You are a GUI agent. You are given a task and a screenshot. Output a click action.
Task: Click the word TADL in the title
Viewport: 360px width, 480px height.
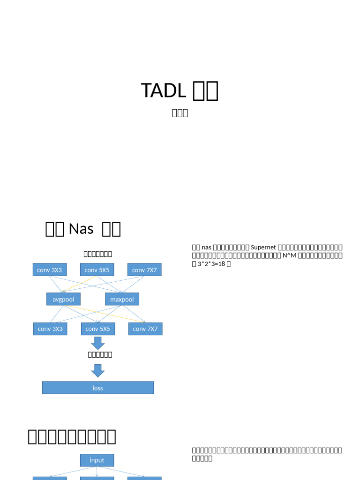(164, 90)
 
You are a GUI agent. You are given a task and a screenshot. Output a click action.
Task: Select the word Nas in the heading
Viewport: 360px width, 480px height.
(81, 229)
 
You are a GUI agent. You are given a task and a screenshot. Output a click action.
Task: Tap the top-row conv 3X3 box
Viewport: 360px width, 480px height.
(50, 270)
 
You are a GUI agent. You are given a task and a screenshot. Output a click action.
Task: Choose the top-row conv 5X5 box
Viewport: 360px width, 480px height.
(97, 270)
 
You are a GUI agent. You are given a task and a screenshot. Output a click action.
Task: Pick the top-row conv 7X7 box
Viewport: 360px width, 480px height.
(144, 270)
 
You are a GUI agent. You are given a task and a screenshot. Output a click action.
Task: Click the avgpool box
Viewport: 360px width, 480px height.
(63, 299)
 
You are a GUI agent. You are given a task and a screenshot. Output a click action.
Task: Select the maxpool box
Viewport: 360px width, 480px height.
(122, 299)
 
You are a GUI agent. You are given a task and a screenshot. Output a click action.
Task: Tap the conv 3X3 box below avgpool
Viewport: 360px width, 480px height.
(50, 329)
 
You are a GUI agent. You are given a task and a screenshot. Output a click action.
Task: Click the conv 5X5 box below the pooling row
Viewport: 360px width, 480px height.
(98, 329)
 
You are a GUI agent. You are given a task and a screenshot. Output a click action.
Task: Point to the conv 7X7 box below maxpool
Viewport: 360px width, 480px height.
(145, 329)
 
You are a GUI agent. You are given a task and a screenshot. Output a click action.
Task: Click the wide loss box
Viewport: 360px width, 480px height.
(98, 388)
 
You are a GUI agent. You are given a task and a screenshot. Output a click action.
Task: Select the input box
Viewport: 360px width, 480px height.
(97, 460)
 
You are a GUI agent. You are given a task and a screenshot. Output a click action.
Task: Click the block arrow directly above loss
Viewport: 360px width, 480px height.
(98, 371)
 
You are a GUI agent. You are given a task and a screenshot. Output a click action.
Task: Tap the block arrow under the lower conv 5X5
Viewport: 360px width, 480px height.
(98, 343)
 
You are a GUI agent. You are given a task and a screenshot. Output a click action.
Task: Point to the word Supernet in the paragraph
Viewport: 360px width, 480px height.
(264, 247)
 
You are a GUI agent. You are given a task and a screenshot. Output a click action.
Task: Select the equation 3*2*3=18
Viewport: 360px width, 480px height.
(211, 264)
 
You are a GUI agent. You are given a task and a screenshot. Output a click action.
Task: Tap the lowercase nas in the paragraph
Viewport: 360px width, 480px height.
(207, 247)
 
